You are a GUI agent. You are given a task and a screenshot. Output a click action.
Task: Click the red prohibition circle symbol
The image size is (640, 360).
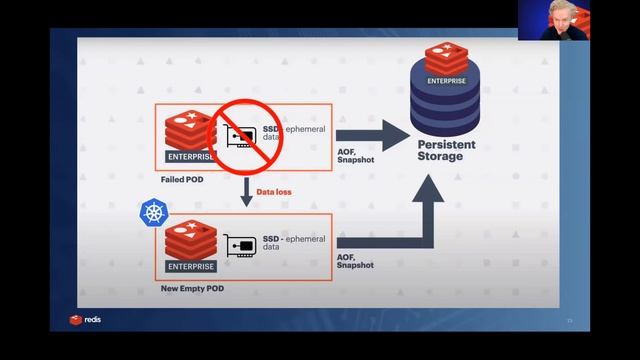(x=245, y=136)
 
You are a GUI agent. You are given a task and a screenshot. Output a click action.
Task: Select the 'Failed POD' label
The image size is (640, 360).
(x=180, y=180)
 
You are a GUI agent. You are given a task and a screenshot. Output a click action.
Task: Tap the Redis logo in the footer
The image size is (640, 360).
(x=85, y=320)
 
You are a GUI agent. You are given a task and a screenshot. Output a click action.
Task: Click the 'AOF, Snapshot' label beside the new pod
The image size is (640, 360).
(x=356, y=261)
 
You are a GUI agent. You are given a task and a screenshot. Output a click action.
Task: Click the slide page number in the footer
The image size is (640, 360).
(x=570, y=321)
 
